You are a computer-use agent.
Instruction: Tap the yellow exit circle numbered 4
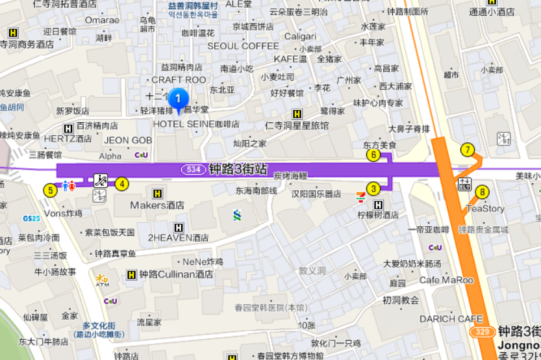pos(121,184)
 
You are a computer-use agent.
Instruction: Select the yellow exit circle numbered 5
pos(50,190)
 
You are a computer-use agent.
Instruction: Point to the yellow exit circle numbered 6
pos(373,155)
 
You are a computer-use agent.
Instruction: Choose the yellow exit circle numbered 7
pos(467,149)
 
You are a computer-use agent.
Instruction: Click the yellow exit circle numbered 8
pos(482,192)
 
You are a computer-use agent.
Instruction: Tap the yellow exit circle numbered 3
pos(373,189)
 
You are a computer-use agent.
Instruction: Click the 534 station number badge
pos(193,170)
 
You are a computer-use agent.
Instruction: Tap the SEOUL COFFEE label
pos(243,46)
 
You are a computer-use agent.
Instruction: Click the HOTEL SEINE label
pos(184,124)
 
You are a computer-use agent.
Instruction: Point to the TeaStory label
pos(485,209)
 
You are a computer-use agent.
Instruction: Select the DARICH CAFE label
pos(451,319)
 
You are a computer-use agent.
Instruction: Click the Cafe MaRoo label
pos(446,280)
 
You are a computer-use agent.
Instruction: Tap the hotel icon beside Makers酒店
pos(157,193)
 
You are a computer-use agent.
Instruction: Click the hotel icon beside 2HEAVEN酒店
pos(179,227)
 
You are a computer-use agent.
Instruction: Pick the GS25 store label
pos(31,218)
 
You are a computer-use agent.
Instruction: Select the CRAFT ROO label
pos(179,80)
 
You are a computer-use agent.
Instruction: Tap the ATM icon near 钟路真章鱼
pos(102,280)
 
